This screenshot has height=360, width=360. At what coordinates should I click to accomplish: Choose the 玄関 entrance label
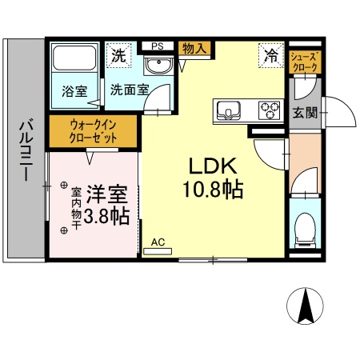coord(304,113)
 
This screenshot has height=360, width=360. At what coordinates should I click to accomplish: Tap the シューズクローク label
coord(304,62)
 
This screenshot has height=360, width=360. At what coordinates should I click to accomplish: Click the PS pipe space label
coord(157,46)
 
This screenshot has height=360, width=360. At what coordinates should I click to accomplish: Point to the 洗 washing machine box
coord(118,57)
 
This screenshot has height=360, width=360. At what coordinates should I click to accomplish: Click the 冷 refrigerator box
coord(270,56)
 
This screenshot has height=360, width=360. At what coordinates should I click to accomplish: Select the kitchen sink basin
coord(228,110)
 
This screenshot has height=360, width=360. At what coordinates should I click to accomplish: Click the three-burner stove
coord(268,110)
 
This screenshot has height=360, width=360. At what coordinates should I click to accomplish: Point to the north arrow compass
coord(305,309)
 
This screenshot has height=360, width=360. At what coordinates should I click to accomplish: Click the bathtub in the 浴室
coord(73,61)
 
